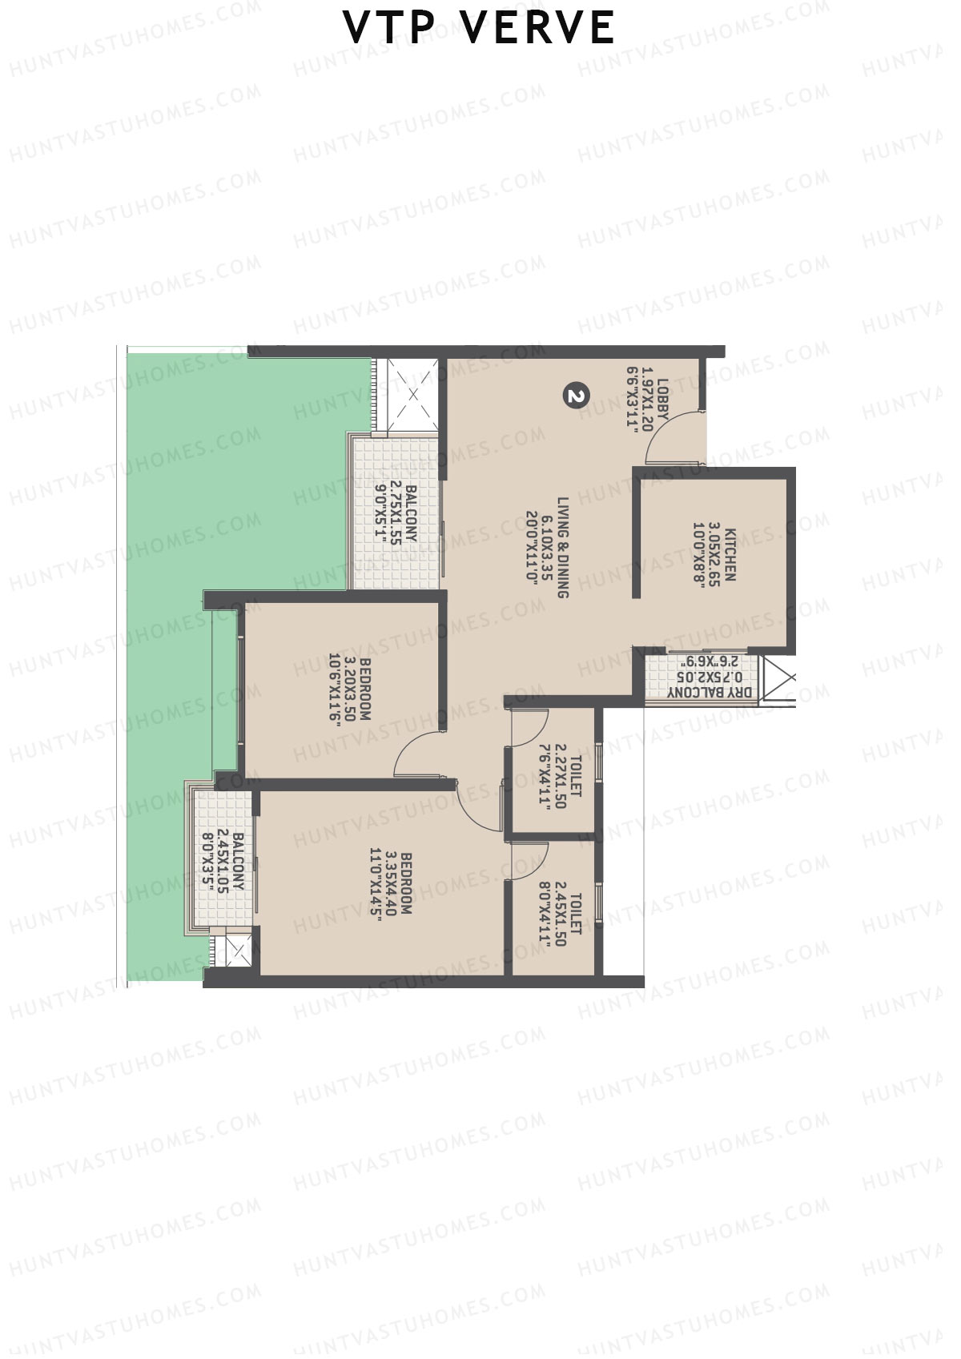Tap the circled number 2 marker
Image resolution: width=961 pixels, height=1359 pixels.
coord(577,395)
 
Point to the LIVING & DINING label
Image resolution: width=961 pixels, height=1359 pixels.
coord(562,546)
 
